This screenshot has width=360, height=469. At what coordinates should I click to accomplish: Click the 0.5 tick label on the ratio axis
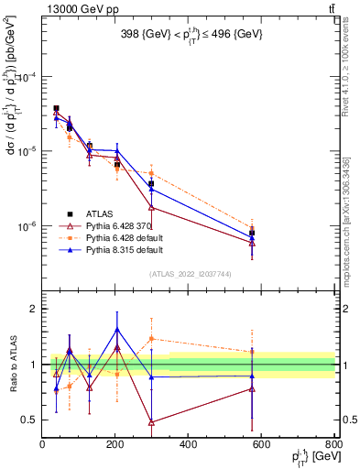[x=30, y=420]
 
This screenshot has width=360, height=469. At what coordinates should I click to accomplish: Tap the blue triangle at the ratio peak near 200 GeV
[x=117, y=330]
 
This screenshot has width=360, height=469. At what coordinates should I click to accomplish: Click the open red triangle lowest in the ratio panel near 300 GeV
[x=151, y=422]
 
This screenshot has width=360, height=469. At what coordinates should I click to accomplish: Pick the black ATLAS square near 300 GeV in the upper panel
[x=151, y=184]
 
